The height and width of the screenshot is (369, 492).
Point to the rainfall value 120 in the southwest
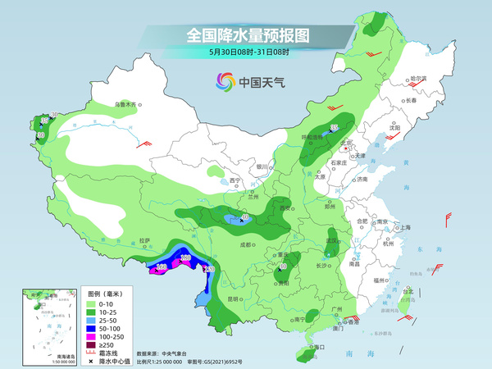(x=209, y=269)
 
